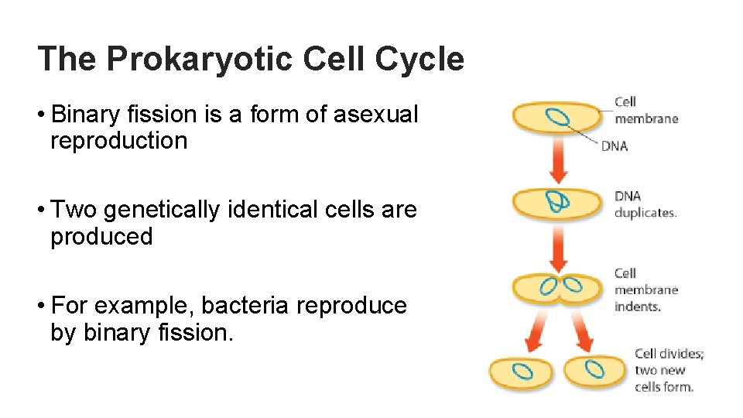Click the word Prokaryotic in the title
pos(201,60)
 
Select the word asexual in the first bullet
pos(375,115)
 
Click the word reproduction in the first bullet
pos(118,141)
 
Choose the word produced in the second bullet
pos(101,236)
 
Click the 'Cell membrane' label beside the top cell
pos(645,110)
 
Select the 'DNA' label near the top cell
pos(615,146)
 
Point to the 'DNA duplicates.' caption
pos(645,204)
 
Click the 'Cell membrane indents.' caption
pos(645,290)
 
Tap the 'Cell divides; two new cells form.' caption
pos(669,370)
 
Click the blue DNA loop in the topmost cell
pos(557,117)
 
